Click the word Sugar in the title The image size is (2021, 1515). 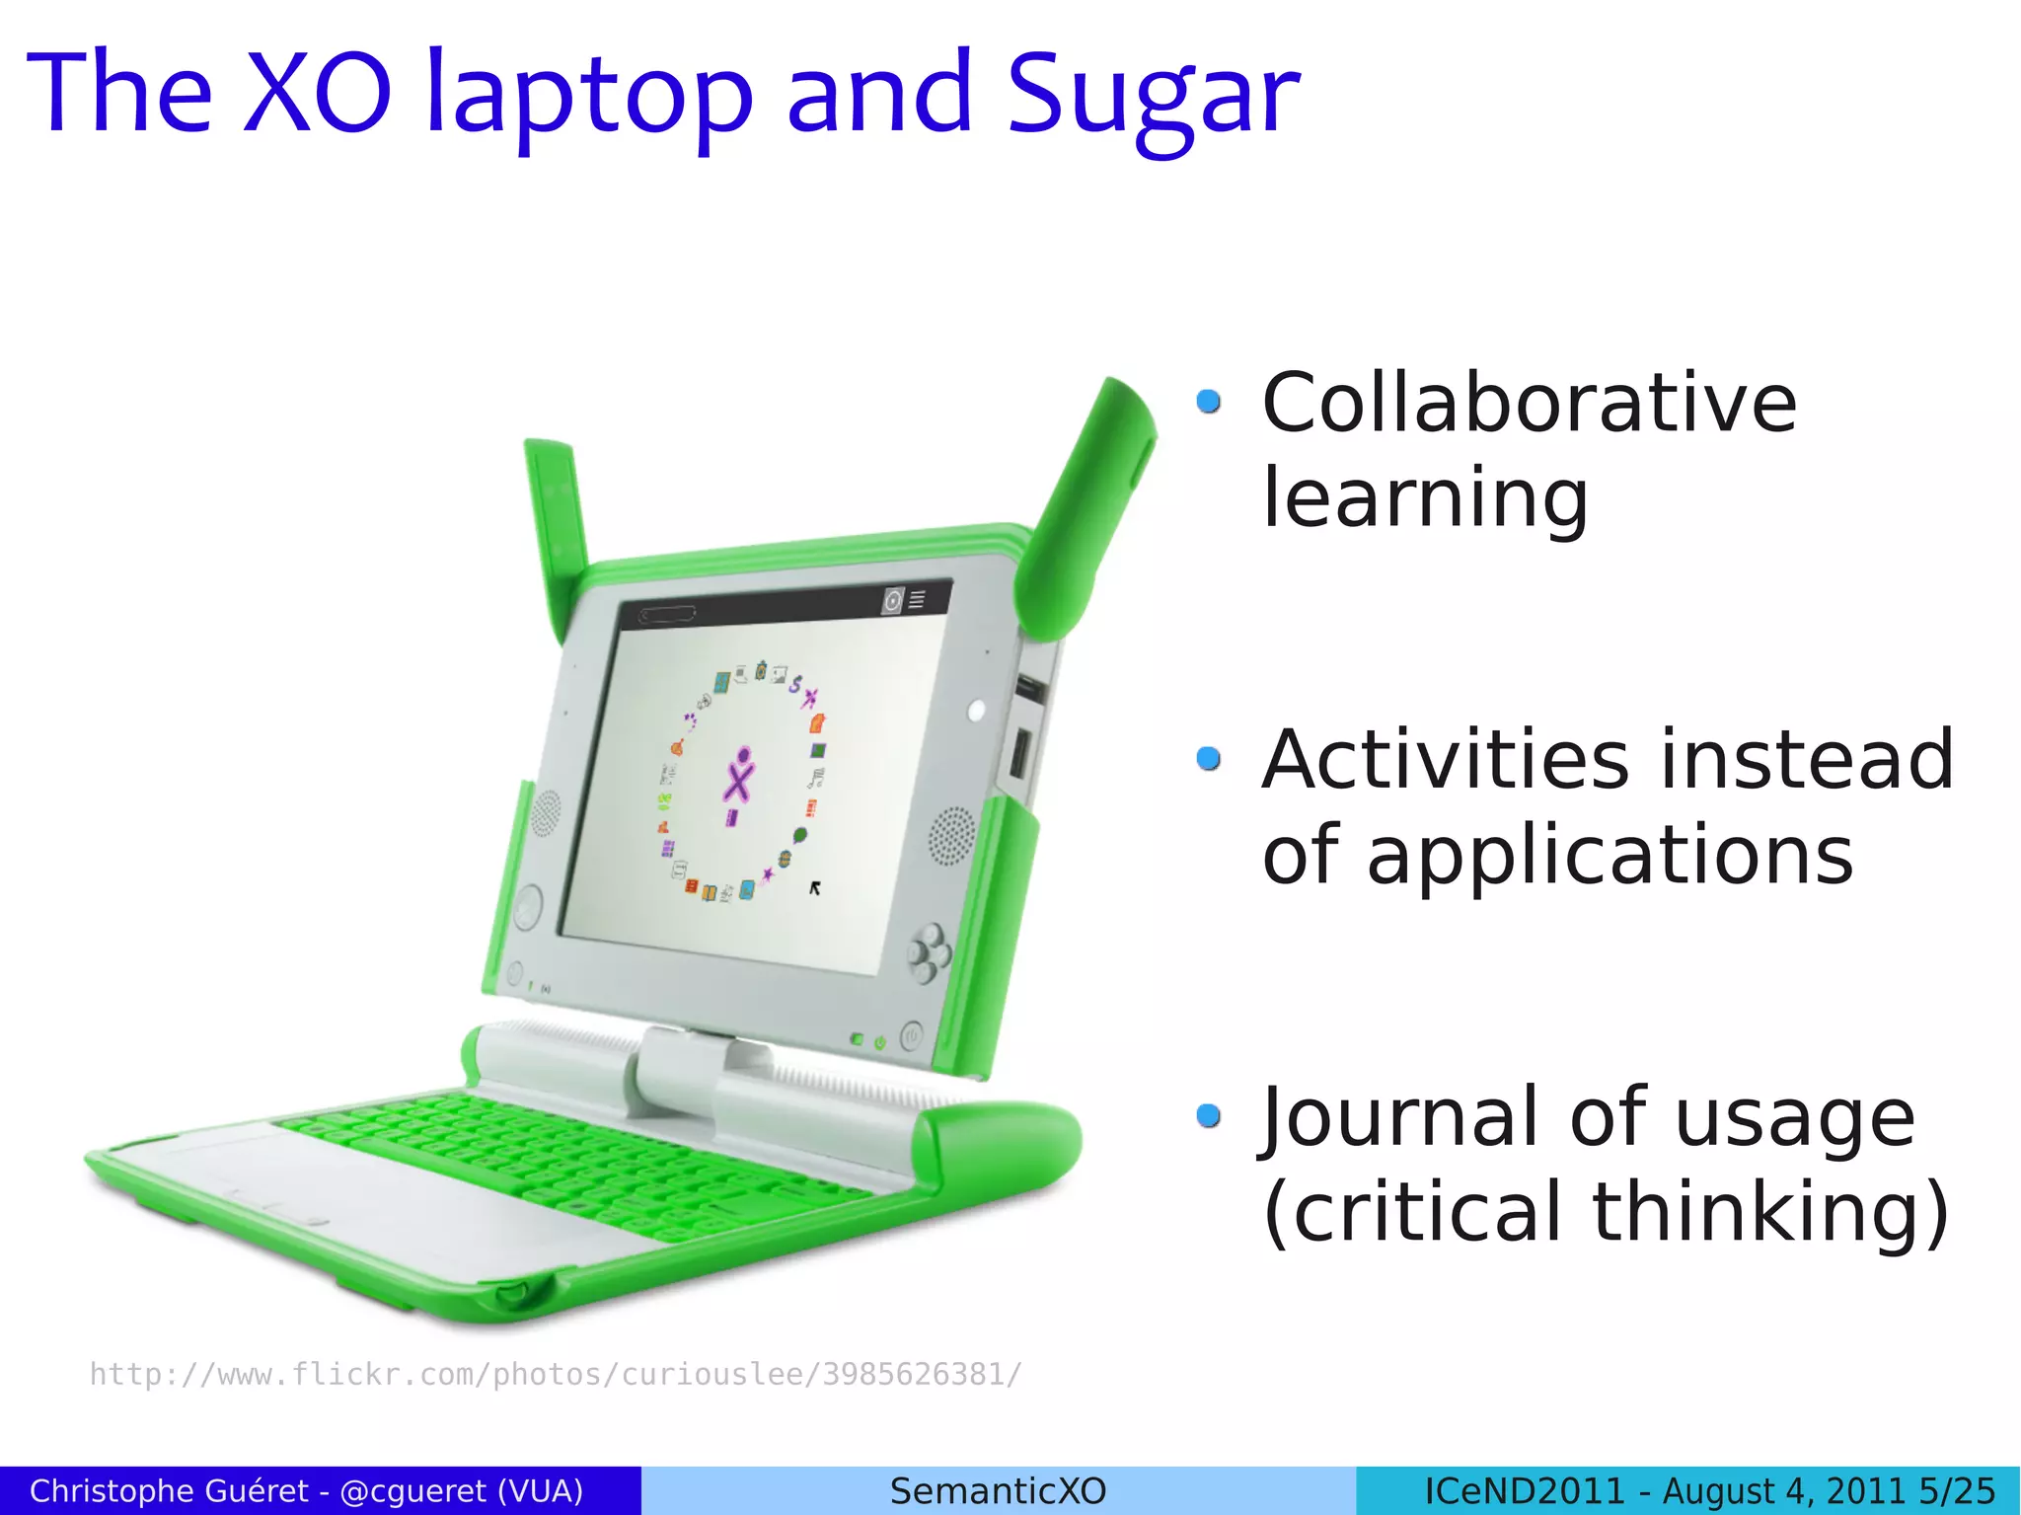[1152, 96]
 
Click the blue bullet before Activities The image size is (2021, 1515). [1208, 758]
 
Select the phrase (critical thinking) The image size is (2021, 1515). [1606, 1212]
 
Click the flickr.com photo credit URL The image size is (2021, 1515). [556, 1374]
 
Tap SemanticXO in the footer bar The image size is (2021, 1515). [998, 1490]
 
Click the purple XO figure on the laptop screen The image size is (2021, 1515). [738, 776]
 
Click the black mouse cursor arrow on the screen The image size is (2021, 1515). [815, 888]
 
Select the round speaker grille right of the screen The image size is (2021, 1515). [952, 835]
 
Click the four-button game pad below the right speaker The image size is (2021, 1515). [929, 952]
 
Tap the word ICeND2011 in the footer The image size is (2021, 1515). [1524, 1490]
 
